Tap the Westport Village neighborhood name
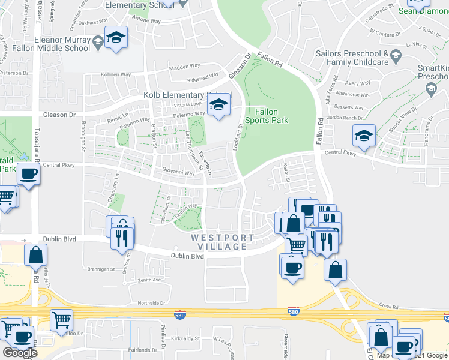coord(219,242)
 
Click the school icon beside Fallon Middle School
coord(114,38)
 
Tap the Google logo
coord(20,353)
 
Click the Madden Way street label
coord(184,68)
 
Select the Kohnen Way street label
coord(116,75)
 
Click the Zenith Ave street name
coord(149,280)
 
